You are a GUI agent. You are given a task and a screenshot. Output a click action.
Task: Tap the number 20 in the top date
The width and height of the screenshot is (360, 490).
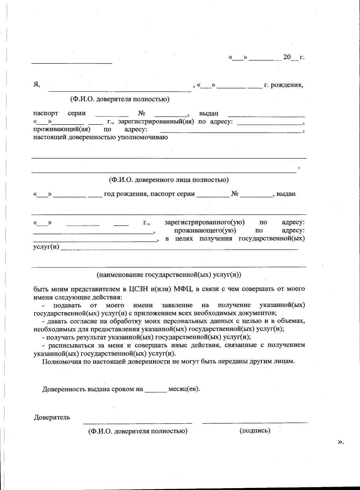[x=287, y=57]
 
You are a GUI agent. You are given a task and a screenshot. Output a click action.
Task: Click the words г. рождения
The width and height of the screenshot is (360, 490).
[x=283, y=85]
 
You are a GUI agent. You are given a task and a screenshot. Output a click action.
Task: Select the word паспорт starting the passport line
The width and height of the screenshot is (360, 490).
[x=46, y=113]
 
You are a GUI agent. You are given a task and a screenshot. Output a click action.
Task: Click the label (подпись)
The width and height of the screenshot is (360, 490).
[x=255, y=431]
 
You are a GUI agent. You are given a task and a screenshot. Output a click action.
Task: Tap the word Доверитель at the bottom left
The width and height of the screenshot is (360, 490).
[x=52, y=417]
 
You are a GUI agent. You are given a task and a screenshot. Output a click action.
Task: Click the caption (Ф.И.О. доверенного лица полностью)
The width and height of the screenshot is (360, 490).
[x=169, y=180]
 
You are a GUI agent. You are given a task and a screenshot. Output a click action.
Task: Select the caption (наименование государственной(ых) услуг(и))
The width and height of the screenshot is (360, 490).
[x=169, y=275]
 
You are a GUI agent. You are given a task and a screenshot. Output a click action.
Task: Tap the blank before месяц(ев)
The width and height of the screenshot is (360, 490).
[x=155, y=390]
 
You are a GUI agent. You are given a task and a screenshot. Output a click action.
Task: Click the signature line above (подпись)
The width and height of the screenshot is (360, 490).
[x=255, y=422]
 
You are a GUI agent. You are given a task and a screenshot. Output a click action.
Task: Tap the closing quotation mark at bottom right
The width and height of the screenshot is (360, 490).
[x=340, y=442]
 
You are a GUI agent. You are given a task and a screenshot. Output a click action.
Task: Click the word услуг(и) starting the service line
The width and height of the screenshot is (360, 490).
[x=46, y=247]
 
